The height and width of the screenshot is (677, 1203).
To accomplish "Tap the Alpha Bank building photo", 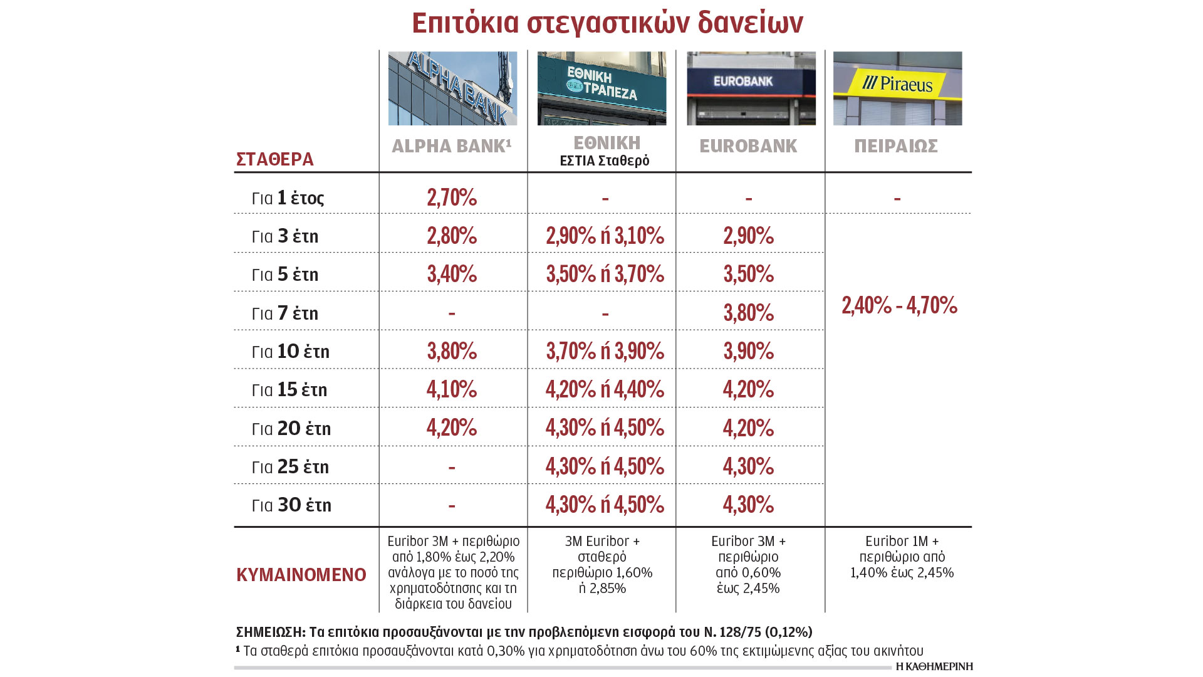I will pos(452,88).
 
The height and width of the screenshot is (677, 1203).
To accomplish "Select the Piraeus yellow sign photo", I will pos(897,88).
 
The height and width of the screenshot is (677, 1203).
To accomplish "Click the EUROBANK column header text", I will pos(748,146).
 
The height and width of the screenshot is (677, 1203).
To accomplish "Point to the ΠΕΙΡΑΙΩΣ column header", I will pos(896,146).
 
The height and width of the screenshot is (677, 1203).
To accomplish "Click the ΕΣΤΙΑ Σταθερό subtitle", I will pos(604,161).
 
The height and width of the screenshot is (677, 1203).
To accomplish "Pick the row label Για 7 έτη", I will pos(285,313).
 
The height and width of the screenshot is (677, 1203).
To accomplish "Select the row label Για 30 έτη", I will pos(291,505).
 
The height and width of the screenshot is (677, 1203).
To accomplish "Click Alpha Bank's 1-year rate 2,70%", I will pos(452,197).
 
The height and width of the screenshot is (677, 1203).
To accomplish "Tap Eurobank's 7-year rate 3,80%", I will pos(749,313).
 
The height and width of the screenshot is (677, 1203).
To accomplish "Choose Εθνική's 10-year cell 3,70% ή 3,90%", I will pos(605,351).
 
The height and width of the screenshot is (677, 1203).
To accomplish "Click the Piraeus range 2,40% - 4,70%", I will pos(899,305).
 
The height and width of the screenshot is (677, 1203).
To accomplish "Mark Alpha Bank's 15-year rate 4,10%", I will pos(452,389).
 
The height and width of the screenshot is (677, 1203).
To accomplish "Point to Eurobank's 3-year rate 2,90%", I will pos(749,236).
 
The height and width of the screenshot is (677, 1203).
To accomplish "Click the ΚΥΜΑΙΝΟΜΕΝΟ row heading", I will pos(301,575).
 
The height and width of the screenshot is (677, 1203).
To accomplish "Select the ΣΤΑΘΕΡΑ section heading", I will pos(275,159).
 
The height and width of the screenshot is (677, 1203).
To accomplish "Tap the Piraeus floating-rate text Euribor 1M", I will pos(901,541).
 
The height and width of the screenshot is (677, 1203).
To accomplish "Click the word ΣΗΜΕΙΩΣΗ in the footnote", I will pos(270,632).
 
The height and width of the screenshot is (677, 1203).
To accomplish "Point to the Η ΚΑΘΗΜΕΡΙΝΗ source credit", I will pos(934,666).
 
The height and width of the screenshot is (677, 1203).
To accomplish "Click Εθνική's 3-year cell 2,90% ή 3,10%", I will pos(605,236).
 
